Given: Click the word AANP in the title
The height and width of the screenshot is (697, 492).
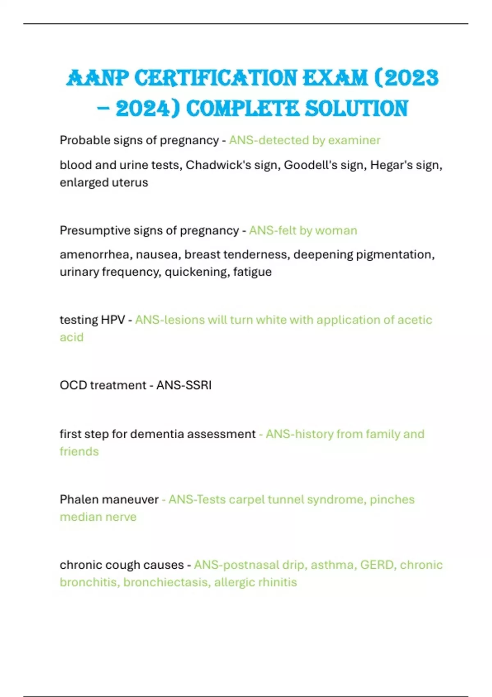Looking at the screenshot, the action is tap(97, 78).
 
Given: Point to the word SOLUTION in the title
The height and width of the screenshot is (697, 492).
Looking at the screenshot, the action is tap(357, 109).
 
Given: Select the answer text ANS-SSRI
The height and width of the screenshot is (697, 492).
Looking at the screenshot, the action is tap(184, 385).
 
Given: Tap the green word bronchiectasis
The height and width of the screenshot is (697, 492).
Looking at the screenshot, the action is tap(165, 582).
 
